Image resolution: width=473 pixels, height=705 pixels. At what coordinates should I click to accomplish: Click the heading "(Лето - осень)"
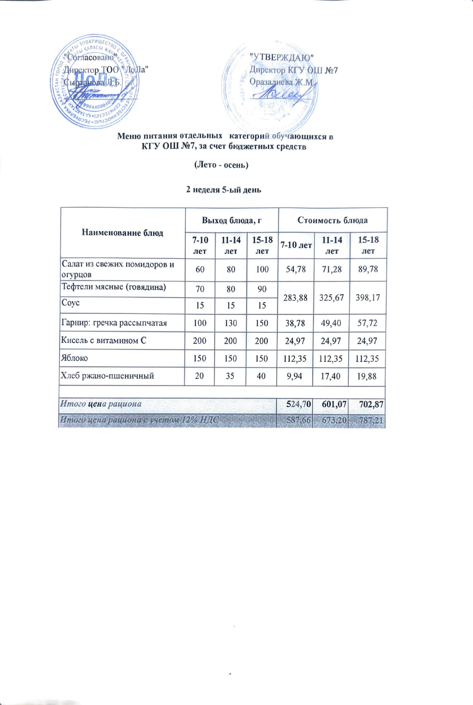tap(221, 165)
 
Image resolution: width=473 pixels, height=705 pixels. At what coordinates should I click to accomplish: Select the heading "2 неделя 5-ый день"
tap(224, 189)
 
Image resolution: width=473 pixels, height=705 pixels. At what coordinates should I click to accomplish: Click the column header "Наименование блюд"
tap(122, 233)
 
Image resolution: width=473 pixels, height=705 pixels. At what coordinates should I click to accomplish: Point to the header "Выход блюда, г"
tap(232, 220)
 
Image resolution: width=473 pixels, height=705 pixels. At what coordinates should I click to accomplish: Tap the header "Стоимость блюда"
tap(332, 220)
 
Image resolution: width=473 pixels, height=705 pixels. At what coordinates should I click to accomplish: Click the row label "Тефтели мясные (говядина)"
tap(114, 287)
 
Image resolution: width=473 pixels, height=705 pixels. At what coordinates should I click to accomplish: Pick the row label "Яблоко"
tap(74, 358)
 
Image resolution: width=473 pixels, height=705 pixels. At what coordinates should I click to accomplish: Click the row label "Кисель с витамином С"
tap(104, 341)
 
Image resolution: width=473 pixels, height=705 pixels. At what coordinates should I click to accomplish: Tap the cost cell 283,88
tap(296, 298)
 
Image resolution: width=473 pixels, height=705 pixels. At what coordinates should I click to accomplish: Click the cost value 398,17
tap(367, 298)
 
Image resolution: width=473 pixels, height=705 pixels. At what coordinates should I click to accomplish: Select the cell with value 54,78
tap(296, 269)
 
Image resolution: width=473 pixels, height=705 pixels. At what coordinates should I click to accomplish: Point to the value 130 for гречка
tap(230, 323)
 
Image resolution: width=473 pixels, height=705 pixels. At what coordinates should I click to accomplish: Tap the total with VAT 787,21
tap(369, 420)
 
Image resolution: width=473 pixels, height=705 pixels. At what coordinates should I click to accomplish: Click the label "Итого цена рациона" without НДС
tap(101, 404)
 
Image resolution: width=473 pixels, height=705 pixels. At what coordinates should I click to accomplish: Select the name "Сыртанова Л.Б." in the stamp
tap(92, 82)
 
